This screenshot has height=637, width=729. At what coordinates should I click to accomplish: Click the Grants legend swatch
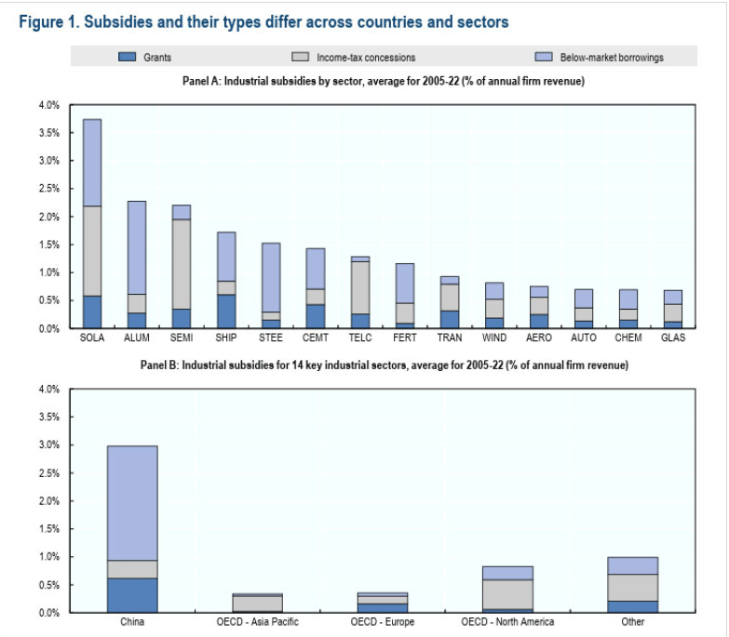coord(127,58)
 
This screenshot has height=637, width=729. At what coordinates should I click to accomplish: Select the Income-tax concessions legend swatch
coord(301,58)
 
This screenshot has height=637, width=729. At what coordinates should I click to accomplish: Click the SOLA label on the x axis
coord(92,338)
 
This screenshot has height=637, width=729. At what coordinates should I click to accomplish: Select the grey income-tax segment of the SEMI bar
coord(181,264)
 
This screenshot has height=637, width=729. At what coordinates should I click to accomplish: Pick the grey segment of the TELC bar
coord(360,287)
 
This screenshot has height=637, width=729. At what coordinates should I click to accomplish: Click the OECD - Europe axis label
coord(382,622)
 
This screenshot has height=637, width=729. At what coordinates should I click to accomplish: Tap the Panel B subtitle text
coord(384,365)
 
